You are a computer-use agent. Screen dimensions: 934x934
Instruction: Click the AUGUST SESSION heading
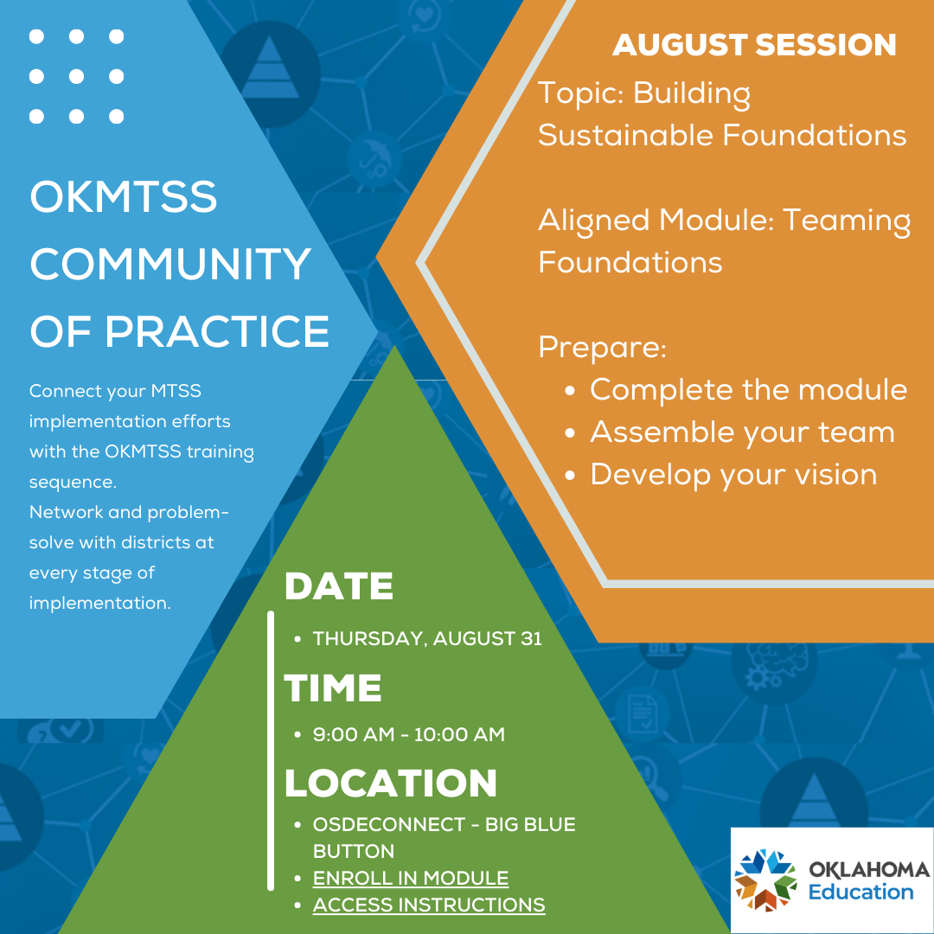click(x=754, y=45)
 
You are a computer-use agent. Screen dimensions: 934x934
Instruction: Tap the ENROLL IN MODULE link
click(x=410, y=878)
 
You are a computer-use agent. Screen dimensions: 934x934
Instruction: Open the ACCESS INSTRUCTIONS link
click(x=428, y=905)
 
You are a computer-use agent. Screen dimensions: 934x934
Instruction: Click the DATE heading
click(x=338, y=587)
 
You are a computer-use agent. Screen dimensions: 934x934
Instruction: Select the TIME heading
click(x=333, y=688)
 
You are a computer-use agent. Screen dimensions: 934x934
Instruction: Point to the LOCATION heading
click(x=390, y=784)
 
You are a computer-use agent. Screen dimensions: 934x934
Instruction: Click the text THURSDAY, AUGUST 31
click(x=426, y=639)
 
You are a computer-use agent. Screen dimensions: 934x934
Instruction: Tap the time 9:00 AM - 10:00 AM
click(x=408, y=735)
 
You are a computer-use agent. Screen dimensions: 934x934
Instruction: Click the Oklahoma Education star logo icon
click(x=765, y=880)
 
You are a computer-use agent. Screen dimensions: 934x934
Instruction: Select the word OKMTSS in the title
click(x=123, y=198)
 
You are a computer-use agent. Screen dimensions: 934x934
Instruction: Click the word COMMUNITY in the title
click(x=170, y=265)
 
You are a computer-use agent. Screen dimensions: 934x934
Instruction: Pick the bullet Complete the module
click(x=748, y=390)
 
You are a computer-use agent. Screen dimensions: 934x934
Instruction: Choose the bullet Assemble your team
click(x=741, y=432)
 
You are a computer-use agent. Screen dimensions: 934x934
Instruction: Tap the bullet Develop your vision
click(x=732, y=474)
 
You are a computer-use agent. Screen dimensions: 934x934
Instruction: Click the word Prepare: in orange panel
click(x=602, y=348)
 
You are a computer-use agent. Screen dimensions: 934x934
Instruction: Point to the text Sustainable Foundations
click(x=721, y=136)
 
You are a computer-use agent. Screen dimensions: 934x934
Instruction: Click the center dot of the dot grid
click(x=76, y=76)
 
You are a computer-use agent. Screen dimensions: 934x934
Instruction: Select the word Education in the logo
click(x=860, y=892)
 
